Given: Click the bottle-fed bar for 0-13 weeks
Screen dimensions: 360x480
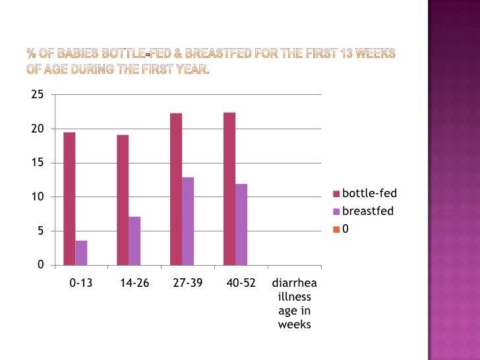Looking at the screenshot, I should coord(69,198).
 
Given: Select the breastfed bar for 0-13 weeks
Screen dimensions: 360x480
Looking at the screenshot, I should coord(81,253).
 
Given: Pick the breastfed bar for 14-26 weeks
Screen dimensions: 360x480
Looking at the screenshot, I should coord(135,241).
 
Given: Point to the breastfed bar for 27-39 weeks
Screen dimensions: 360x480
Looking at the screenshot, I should coord(188,221).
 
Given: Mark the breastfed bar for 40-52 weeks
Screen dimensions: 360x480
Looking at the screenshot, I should coord(241,224).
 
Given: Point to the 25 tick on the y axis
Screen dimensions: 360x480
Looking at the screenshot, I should coord(38,94).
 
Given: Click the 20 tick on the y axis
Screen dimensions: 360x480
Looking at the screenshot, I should coord(38,129).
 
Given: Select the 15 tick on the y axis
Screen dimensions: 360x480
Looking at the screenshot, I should coord(38,163).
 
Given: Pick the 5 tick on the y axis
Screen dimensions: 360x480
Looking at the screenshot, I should coord(40,231).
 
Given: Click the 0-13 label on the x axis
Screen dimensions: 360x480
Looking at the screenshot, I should coord(81,284).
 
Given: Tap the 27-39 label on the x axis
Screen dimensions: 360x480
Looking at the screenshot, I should coord(188,284).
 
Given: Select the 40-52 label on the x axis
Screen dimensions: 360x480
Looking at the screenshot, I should coord(241,284).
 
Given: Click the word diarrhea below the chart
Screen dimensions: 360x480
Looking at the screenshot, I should coord(295,284).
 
